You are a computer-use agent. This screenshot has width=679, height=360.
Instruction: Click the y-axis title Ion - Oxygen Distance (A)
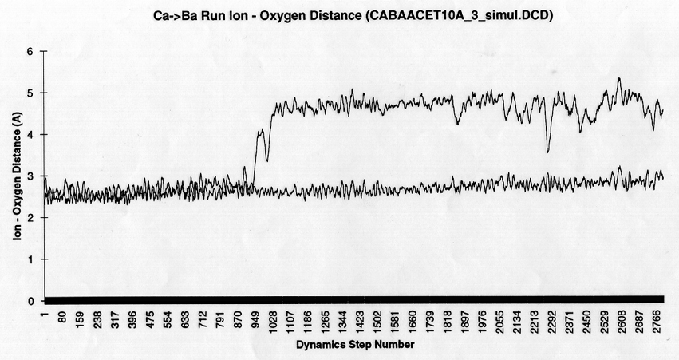(x=16, y=176)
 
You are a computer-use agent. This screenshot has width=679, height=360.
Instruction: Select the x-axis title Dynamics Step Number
(x=354, y=345)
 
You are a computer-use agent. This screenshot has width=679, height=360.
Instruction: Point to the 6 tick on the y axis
(x=33, y=51)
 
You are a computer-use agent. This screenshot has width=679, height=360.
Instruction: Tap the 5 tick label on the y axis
(x=33, y=93)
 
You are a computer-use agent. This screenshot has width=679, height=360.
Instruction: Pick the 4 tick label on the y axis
(x=33, y=134)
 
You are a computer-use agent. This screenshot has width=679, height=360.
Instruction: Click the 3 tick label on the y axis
(x=33, y=176)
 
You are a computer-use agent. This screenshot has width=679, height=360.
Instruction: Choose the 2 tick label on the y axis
(x=33, y=218)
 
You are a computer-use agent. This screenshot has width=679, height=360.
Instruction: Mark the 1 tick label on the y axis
(x=33, y=259)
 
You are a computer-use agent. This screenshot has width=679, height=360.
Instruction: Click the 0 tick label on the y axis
(x=33, y=301)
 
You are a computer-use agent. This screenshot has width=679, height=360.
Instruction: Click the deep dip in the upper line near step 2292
(x=547, y=151)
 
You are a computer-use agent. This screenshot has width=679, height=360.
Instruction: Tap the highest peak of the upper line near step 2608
(x=619, y=78)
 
